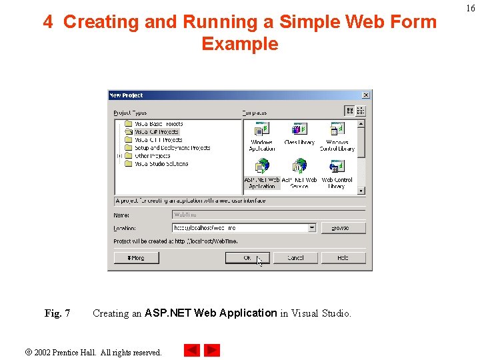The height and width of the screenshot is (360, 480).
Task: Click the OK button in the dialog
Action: tap(247, 257)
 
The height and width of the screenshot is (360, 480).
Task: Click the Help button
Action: tap(343, 257)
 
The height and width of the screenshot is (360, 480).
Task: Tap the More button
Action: tap(136, 257)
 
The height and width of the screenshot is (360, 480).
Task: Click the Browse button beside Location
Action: tap(343, 228)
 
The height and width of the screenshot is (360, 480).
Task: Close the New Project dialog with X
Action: tap(365, 95)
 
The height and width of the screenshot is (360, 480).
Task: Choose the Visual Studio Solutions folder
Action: tap(161, 164)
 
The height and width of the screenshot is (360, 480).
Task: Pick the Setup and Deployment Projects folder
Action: tap(172, 148)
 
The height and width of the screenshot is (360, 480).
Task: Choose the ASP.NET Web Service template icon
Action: tap(299, 167)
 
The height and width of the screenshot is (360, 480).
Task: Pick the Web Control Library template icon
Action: tap(337, 167)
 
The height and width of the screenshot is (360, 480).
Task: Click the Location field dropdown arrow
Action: tap(312, 228)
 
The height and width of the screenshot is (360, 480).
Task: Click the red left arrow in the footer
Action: tap(192, 350)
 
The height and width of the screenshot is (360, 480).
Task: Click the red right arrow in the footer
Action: tap(212, 350)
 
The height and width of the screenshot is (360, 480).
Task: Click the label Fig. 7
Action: tap(57, 313)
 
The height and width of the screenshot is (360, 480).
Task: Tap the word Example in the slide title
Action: tap(239, 44)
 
